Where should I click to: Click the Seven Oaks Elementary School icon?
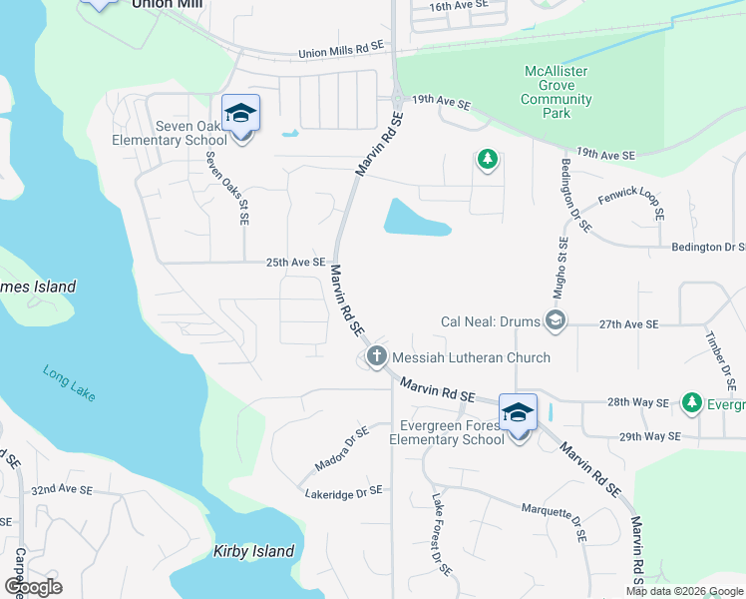click(240, 113)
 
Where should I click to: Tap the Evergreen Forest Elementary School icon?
click(518, 412)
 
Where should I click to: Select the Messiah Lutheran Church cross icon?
click(377, 356)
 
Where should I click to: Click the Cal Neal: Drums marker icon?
click(557, 321)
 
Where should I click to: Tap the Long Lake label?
click(69, 383)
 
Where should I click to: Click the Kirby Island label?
click(254, 551)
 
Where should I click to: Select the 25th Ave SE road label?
click(296, 263)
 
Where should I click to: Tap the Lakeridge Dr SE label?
click(343, 491)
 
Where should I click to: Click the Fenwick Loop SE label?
click(631, 200)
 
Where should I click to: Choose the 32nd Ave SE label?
click(62, 491)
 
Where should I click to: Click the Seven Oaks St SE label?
click(227, 187)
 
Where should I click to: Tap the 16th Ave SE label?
click(459, 6)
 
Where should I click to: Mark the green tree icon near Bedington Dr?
click(487, 160)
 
